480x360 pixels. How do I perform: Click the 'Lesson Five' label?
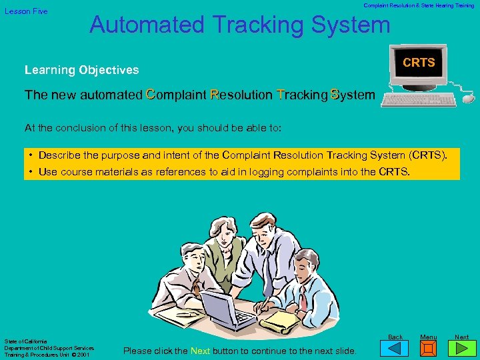pos(27,11)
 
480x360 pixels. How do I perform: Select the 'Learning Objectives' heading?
pos(81,70)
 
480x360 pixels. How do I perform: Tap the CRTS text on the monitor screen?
pos(419,63)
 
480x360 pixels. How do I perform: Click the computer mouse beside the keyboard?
pos(468,98)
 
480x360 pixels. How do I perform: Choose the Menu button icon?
pos(429,348)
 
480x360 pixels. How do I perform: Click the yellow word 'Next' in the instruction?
pos(201,351)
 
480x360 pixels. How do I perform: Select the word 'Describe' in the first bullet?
pos(61,155)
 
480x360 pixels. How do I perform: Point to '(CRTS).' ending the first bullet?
pos(435,155)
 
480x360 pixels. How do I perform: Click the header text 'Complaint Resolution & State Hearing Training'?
pos(419,5)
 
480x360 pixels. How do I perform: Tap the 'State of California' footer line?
pos(25,341)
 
